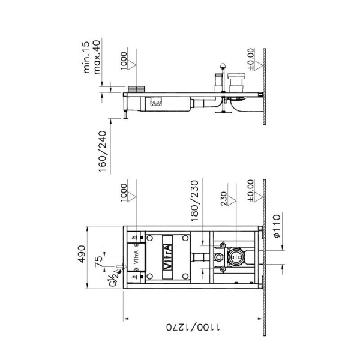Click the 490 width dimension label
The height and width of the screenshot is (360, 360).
coord(82,254)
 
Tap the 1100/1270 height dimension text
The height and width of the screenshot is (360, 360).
coord(193,327)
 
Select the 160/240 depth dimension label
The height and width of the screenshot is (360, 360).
coord(103,151)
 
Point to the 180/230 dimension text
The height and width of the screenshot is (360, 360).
coord(194,200)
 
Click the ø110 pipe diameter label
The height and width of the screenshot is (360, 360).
coord(277,226)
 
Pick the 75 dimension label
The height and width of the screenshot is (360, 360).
coord(98,262)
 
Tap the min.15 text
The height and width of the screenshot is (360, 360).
coord(86,57)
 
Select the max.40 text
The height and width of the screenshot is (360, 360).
coord(97,57)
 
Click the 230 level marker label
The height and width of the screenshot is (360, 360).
coord(224,199)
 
